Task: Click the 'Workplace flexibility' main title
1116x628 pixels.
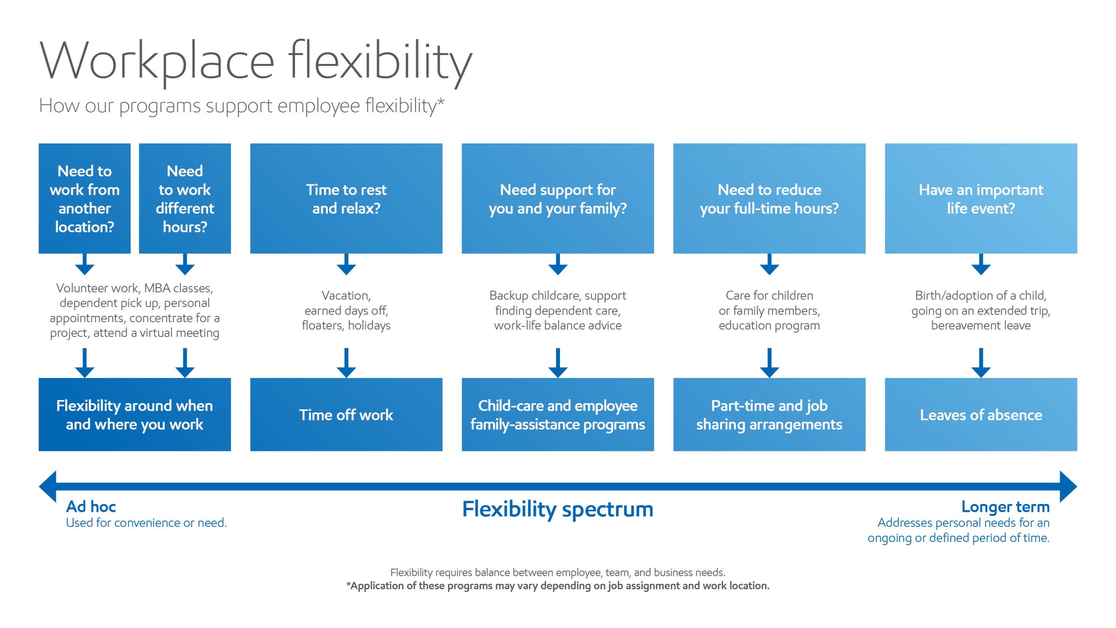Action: [255, 61]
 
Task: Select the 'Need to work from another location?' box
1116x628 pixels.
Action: [84, 199]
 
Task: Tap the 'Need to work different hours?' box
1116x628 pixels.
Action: [185, 199]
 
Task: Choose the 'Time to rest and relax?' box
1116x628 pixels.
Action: [346, 199]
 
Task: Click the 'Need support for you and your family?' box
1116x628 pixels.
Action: [558, 199]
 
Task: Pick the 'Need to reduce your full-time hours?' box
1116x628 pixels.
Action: [769, 199]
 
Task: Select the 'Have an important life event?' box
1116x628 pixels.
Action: [981, 199]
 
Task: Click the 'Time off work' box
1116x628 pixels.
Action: [346, 414]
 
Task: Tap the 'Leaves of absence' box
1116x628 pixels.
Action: [981, 414]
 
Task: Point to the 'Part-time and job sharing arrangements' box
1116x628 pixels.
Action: [769, 414]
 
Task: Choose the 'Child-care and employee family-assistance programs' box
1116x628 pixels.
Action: [558, 414]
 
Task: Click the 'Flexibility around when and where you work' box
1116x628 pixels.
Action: [135, 414]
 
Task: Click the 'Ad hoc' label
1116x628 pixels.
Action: [91, 506]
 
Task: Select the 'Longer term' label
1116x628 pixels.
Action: [1006, 507]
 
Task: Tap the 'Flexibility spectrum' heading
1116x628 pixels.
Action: [558, 509]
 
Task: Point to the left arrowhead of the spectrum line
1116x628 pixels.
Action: [48, 486]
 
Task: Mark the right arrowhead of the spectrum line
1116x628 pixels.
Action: [1068, 486]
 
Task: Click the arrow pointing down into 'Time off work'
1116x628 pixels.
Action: [346, 363]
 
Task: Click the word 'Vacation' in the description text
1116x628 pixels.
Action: [346, 295]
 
